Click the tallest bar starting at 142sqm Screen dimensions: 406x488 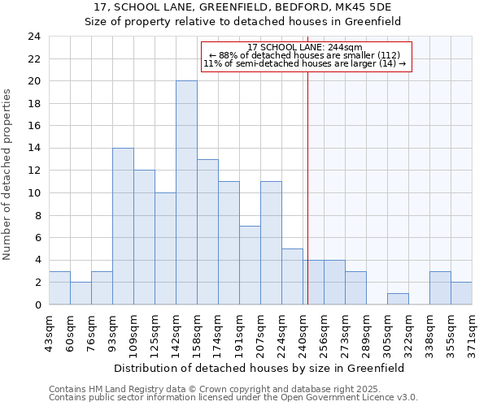(x=186, y=192)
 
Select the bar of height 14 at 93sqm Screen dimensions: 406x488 (x=123, y=226)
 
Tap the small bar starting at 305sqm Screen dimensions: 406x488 (x=398, y=299)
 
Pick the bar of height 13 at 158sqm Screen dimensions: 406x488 (x=207, y=231)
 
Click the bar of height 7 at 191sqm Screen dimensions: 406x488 (x=250, y=265)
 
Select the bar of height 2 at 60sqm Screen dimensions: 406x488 (x=81, y=293)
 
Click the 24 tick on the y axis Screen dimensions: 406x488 (x=34, y=37)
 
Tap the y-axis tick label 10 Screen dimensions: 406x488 (x=34, y=193)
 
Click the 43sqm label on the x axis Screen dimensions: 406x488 (x=50, y=332)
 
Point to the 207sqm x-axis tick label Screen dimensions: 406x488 (x=261, y=332)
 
